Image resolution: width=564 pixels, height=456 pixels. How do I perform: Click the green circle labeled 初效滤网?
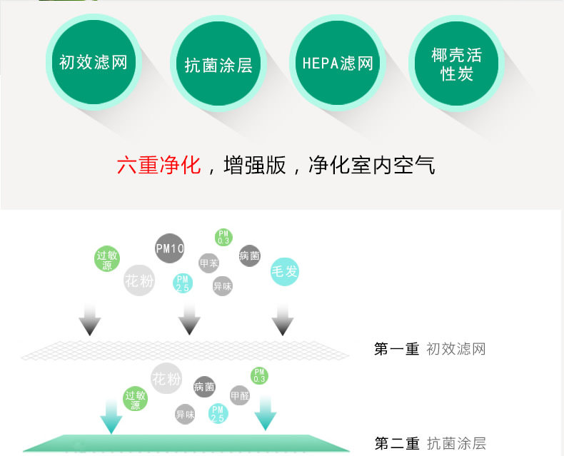pos(93,62)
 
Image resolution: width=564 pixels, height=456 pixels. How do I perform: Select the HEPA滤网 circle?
pos(337,63)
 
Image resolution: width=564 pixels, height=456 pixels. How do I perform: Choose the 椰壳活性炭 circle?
pos(456,64)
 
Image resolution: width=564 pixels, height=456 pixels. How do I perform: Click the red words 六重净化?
pos(159,166)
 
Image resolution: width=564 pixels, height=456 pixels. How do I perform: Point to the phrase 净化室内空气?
pos(371,166)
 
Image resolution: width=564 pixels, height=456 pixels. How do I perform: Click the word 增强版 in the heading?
pos(255,166)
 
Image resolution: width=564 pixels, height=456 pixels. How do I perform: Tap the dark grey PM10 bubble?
pos(170,248)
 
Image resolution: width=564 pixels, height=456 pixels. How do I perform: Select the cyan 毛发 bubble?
pos(284,271)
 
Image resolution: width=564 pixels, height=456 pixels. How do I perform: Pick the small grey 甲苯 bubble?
pos(208,263)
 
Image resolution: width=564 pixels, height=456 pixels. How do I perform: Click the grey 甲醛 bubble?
pos(239,395)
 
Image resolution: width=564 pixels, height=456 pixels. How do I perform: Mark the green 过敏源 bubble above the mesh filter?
pos(107,260)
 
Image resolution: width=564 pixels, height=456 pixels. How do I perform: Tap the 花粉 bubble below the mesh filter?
pos(166,378)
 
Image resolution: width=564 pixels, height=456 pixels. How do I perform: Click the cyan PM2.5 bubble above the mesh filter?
pos(183,283)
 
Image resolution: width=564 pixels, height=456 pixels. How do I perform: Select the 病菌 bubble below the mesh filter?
pos(204,387)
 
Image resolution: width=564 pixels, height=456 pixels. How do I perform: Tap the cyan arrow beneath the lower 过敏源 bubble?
pos(111,417)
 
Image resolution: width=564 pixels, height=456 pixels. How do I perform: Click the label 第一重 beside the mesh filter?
pos(396,349)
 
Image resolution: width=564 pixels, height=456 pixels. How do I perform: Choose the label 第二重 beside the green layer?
pos(396,443)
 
